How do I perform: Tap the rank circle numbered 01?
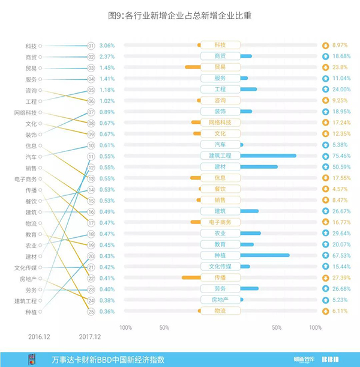(91, 46)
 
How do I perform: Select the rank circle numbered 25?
(91, 311)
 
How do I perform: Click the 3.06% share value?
(107, 46)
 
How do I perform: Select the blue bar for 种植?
(265, 255)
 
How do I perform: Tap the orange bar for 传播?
(191, 278)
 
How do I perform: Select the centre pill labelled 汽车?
(220, 145)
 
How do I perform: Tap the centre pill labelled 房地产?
(220, 300)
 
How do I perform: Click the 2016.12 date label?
(39, 337)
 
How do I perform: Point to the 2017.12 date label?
(90, 337)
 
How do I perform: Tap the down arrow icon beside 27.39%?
(325, 278)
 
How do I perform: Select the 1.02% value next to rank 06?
(107, 101)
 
